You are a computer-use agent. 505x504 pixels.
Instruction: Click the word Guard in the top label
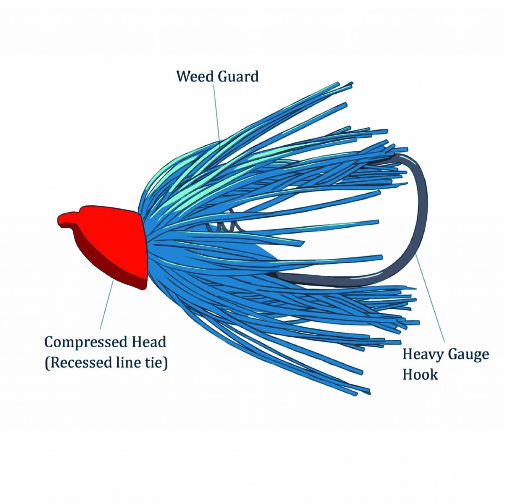coord(238,77)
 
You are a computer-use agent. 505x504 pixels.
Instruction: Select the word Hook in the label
coord(420,375)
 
